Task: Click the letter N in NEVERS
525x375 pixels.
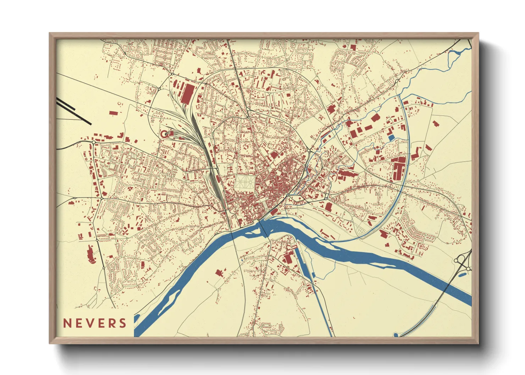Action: [x=66, y=323]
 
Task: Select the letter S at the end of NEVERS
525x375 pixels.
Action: [x=123, y=323]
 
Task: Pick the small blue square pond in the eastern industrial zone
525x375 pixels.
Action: [x=391, y=138]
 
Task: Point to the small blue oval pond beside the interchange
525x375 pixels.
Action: [x=462, y=274]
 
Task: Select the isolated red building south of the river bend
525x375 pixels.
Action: [x=219, y=273]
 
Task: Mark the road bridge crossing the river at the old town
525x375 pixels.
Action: [x=263, y=229]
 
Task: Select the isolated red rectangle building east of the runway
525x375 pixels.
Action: [x=113, y=113]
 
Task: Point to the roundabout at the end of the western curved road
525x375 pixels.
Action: [x=93, y=142]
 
